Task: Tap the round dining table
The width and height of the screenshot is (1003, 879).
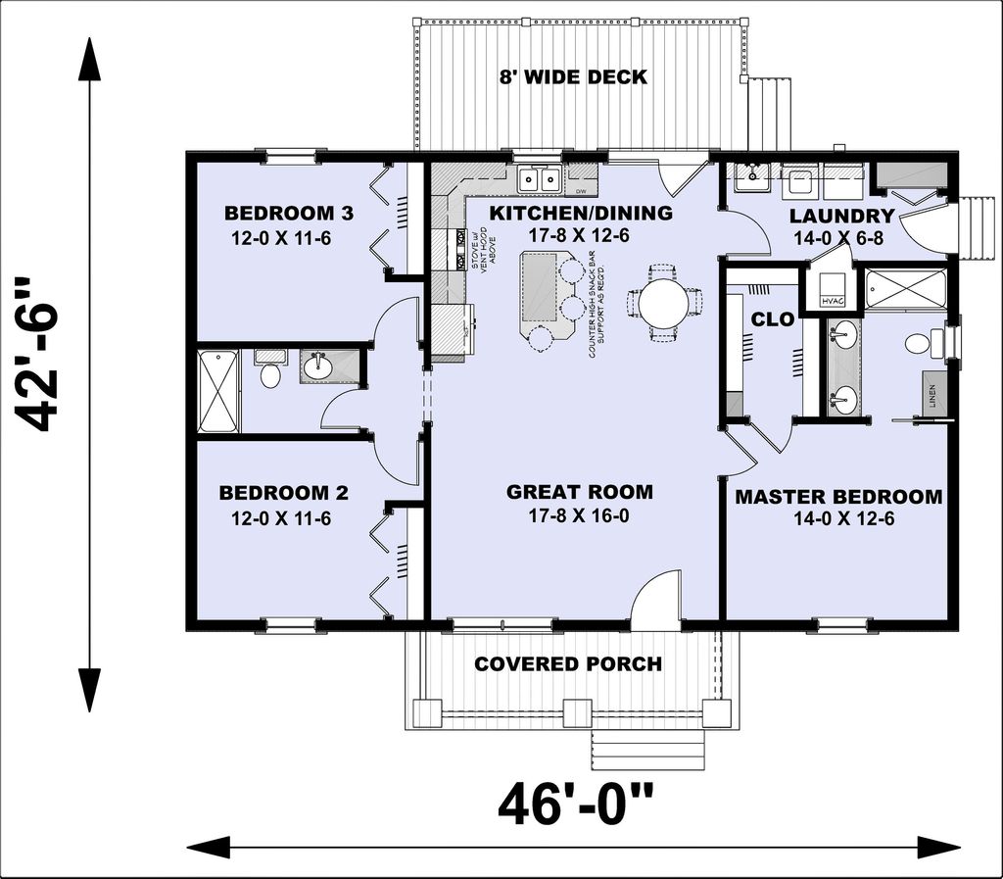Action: [x=663, y=301]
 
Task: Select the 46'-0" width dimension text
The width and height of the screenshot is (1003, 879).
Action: [x=576, y=806]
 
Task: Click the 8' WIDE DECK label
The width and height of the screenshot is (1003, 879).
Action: [x=574, y=76]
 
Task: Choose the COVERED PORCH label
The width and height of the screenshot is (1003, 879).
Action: [x=568, y=664]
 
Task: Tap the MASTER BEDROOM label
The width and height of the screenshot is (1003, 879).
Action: [x=838, y=497]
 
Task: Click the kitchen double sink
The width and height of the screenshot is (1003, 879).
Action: [x=538, y=179]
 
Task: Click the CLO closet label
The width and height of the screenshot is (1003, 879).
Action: [x=766, y=319]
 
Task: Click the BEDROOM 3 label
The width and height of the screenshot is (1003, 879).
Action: [x=275, y=214]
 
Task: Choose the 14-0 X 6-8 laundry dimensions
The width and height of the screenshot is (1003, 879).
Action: [x=840, y=238]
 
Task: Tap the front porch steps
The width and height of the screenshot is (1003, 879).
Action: [x=646, y=750]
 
